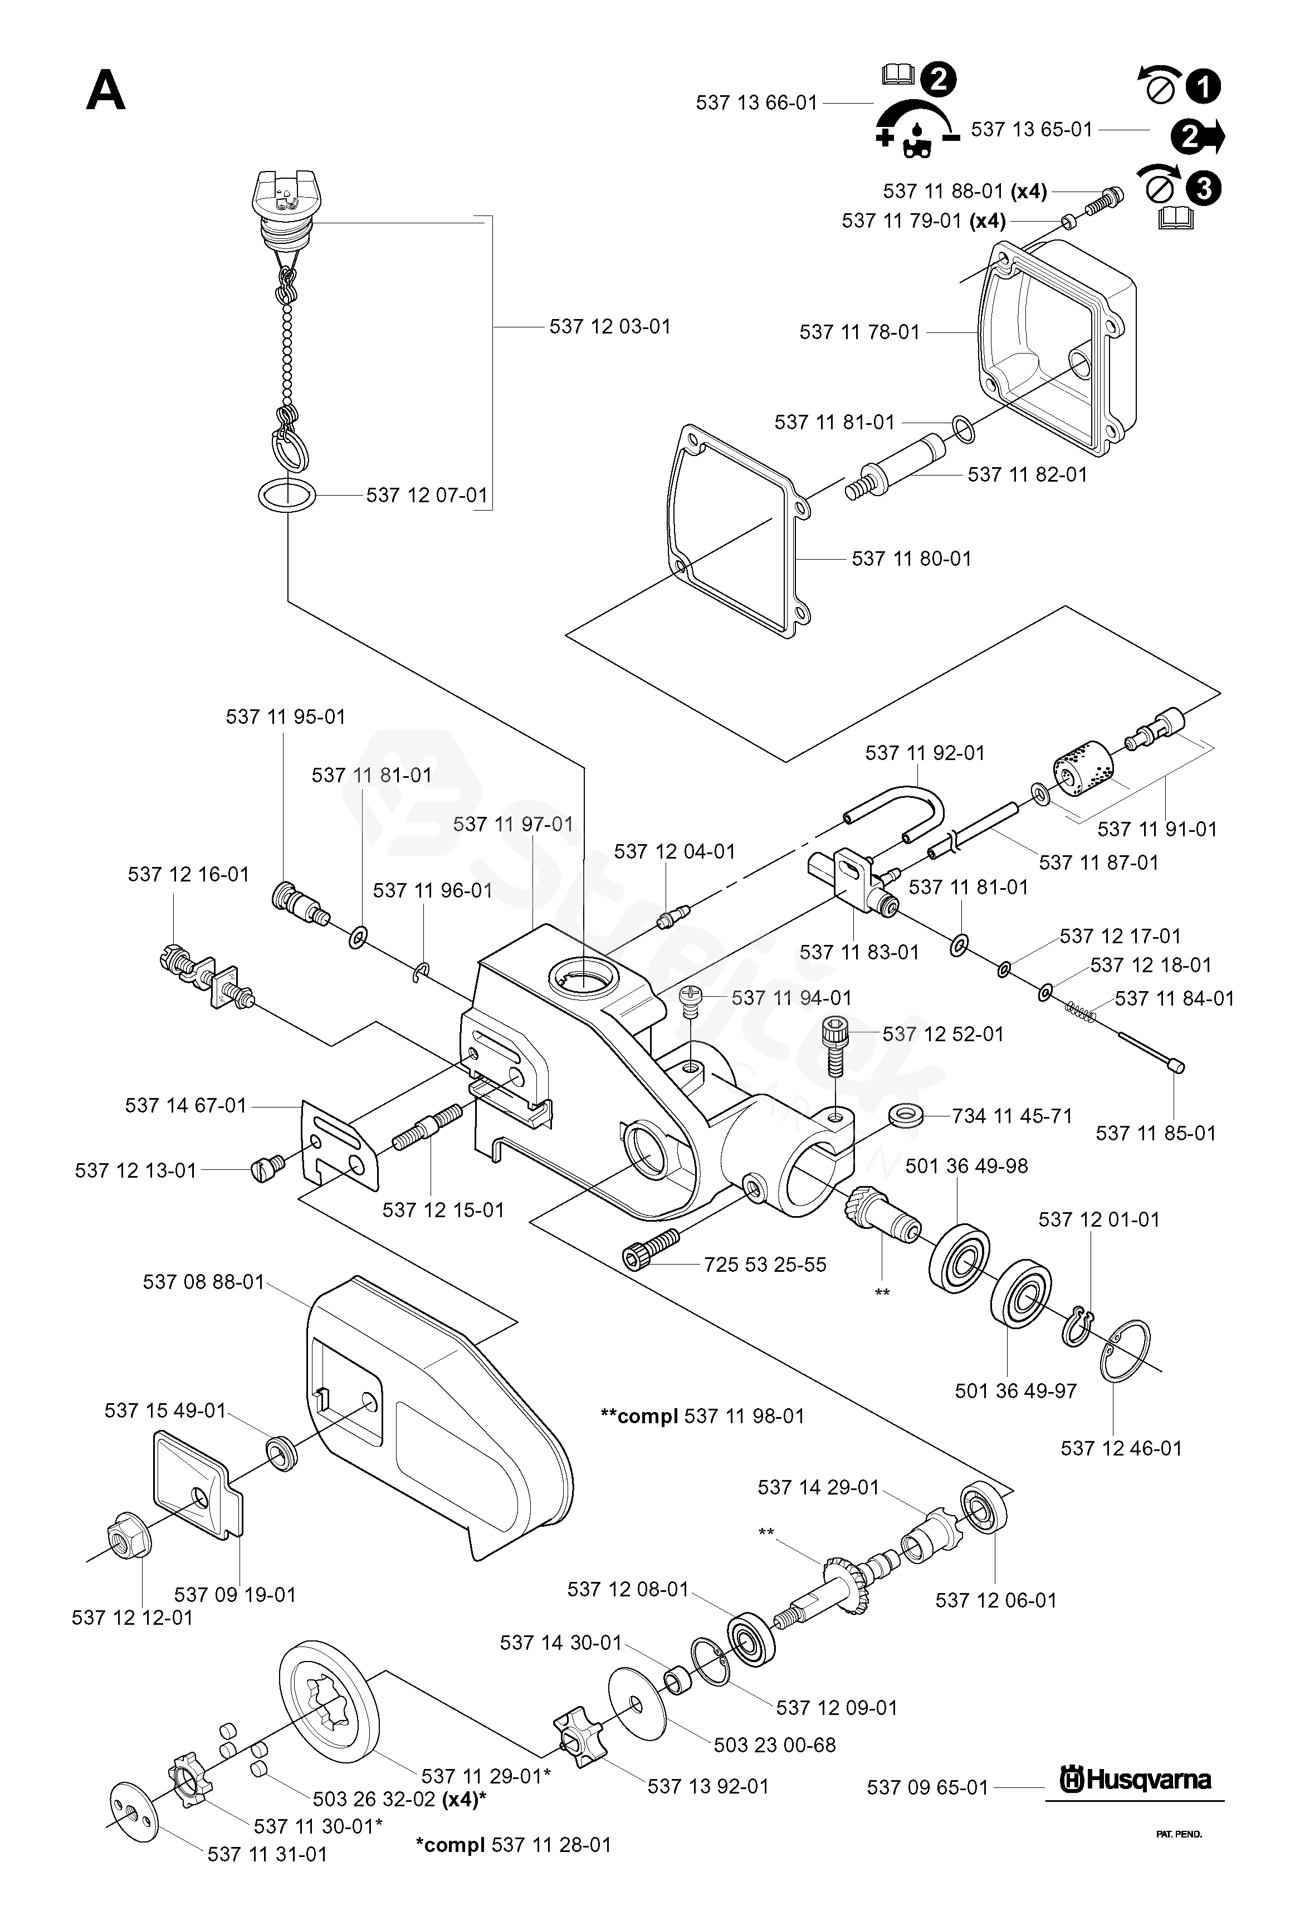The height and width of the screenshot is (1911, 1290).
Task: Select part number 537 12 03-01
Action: [609, 326]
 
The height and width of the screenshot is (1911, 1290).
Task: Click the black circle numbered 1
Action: [1204, 86]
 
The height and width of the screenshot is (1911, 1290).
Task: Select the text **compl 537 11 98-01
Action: [702, 1416]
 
